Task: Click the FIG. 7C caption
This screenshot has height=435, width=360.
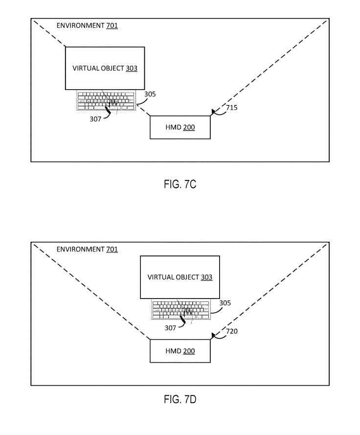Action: coord(180,185)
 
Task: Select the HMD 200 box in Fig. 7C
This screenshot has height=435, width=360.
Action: coord(180,127)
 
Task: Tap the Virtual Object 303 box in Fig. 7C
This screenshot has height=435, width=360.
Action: coord(105,69)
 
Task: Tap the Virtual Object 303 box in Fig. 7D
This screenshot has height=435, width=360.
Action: coord(180,277)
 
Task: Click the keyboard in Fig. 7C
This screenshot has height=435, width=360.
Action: coord(105,101)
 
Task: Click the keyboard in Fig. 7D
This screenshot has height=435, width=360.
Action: coord(180,309)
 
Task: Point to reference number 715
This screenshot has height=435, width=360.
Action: coord(232,108)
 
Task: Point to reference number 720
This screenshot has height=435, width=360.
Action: coord(232,331)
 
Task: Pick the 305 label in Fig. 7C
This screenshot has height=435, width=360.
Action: coord(150,94)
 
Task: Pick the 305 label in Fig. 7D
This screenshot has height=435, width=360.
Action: coord(225,303)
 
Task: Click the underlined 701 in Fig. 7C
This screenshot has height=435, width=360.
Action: coord(112,25)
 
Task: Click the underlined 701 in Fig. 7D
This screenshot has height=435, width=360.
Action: coord(112,249)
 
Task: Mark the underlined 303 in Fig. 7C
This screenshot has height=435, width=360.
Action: coord(131,69)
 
